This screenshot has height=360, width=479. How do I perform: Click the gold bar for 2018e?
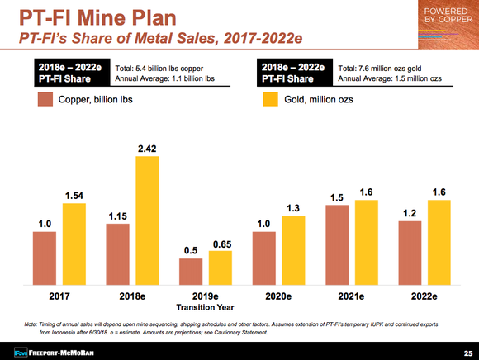click(148, 220)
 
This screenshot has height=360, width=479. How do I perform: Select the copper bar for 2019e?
click(191, 271)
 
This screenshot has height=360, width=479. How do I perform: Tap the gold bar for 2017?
click(74, 243)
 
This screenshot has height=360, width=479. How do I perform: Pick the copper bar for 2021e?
click(337, 244)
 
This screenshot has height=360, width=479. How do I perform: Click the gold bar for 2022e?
click(439, 241)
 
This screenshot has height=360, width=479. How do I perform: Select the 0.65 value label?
click(221, 244)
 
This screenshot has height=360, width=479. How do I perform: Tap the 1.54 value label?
click(74, 195)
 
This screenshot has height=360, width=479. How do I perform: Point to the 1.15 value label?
click(117, 216)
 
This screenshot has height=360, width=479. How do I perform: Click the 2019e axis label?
click(206, 295)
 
